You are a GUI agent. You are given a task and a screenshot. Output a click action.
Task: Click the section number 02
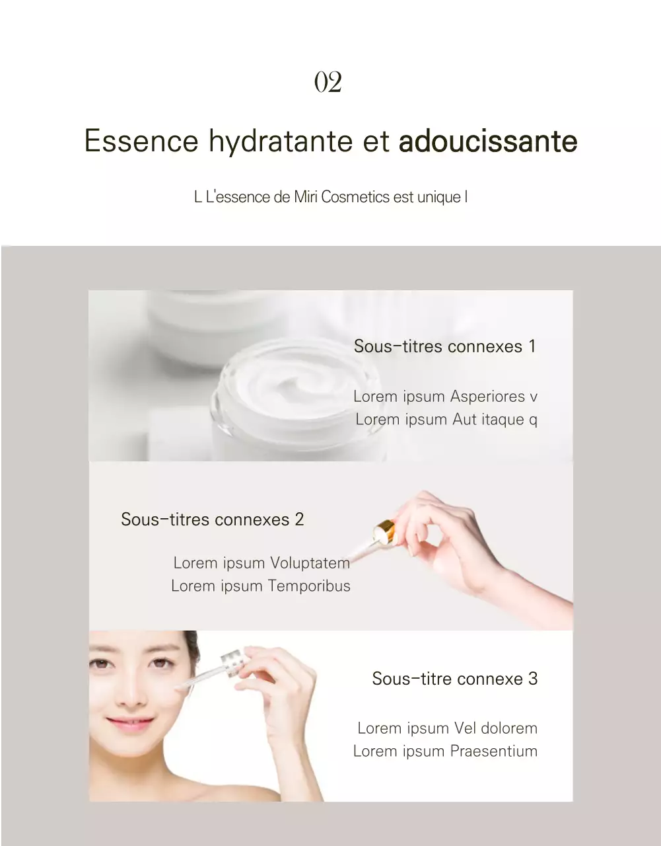(x=328, y=83)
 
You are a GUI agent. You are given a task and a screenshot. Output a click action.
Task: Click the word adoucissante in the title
(x=488, y=141)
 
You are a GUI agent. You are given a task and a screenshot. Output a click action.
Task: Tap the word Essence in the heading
(x=141, y=141)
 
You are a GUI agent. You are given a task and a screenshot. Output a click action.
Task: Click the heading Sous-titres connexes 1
(x=444, y=346)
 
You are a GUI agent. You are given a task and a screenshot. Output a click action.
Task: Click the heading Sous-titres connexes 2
(x=212, y=519)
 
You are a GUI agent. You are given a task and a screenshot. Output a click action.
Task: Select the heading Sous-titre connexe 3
(x=454, y=679)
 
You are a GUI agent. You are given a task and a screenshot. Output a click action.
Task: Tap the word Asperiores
(x=487, y=397)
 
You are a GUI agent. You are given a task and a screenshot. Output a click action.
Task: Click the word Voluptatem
(x=310, y=563)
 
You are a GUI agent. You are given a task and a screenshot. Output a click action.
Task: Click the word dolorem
(x=504, y=728)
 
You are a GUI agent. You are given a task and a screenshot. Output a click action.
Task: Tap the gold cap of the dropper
(x=384, y=529)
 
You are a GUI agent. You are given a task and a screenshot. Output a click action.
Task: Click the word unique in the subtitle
(x=438, y=197)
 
